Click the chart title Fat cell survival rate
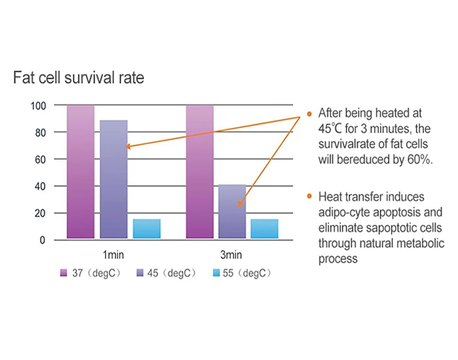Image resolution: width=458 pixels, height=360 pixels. pyautogui.click(x=79, y=78)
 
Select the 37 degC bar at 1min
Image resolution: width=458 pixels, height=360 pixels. pyautogui.click(x=80, y=171)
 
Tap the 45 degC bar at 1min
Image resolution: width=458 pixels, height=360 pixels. pyautogui.click(x=114, y=179)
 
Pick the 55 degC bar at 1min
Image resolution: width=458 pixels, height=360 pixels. pyautogui.click(x=147, y=229)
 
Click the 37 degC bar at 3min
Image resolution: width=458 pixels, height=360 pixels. pyautogui.click(x=200, y=171)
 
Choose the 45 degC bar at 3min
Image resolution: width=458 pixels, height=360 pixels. pyautogui.click(x=232, y=211)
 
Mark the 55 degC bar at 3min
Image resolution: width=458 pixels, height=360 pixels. pyautogui.click(x=264, y=229)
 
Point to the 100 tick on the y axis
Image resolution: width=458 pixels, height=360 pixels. pyautogui.click(x=38, y=106)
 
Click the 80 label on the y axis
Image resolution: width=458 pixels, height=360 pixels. pyautogui.click(x=41, y=133)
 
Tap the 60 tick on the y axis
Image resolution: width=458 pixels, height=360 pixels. pyautogui.click(x=41, y=160)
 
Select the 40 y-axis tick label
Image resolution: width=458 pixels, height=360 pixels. pyautogui.click(x=41, y=187)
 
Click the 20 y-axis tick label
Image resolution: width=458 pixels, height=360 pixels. pyautogui.click(x=41, y=213)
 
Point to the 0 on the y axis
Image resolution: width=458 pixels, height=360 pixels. pyautogui.click(x=43, y=240)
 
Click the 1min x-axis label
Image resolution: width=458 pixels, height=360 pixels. pyautogui.click(x=113, y=255)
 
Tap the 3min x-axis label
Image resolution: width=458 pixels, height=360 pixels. pyautogui.click(x=231, y=255)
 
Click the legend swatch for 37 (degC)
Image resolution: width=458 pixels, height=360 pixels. pyautogui.click(x=63, y=273)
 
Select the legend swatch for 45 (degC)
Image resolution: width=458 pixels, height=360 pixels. pyautogui.click(x=140, y=273)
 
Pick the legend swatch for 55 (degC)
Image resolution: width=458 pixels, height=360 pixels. pyautogui.click(x=216, y=273)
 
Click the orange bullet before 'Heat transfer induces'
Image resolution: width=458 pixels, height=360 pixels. pyautogui.click(x=309, y=196)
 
